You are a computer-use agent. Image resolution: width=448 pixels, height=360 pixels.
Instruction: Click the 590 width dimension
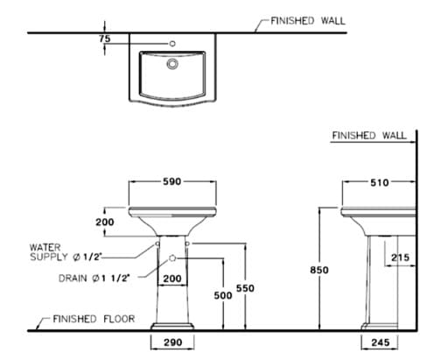[172, 181]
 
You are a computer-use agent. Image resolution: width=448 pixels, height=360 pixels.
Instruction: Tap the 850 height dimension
[319, 271]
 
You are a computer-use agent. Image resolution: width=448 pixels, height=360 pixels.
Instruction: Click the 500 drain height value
[223, 296]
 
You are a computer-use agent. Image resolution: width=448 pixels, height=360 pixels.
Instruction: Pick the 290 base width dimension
[173, 342]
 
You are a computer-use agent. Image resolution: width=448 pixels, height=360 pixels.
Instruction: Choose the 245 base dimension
[379, 342]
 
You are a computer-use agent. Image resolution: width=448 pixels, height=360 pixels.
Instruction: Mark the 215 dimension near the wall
[401, 258]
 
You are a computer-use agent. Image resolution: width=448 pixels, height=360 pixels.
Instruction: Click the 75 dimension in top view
[105, 39]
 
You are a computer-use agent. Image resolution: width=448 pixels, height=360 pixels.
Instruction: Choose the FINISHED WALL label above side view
[369, 136]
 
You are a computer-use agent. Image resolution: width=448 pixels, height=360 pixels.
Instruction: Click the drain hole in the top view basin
[172, 62]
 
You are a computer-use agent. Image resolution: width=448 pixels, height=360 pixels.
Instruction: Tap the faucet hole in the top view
[172, 42]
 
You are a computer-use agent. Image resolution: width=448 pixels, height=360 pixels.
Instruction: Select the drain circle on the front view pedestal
[172, 258]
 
